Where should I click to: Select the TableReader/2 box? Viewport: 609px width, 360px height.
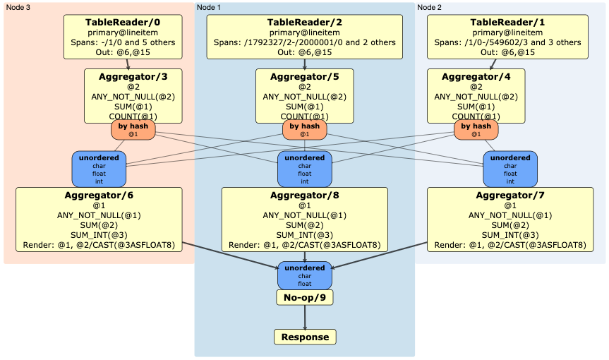[x=304, y=37]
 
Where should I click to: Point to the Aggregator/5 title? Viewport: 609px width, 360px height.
[x=304, y=76]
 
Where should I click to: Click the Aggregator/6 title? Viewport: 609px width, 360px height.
[x=99, y=195]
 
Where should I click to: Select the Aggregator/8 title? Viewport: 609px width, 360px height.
[x=304, y=195]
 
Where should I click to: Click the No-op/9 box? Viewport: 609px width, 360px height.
[x=304, y=297]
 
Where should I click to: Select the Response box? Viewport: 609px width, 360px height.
[x=305, y=337]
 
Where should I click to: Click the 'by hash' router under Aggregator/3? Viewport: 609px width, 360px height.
[x=133, y=129]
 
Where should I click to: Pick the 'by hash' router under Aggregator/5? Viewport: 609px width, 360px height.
[x=305, y=129]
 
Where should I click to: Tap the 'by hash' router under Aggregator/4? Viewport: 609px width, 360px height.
[x=476, y=129]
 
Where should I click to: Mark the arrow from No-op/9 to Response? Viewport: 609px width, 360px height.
[x=305, y=316]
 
